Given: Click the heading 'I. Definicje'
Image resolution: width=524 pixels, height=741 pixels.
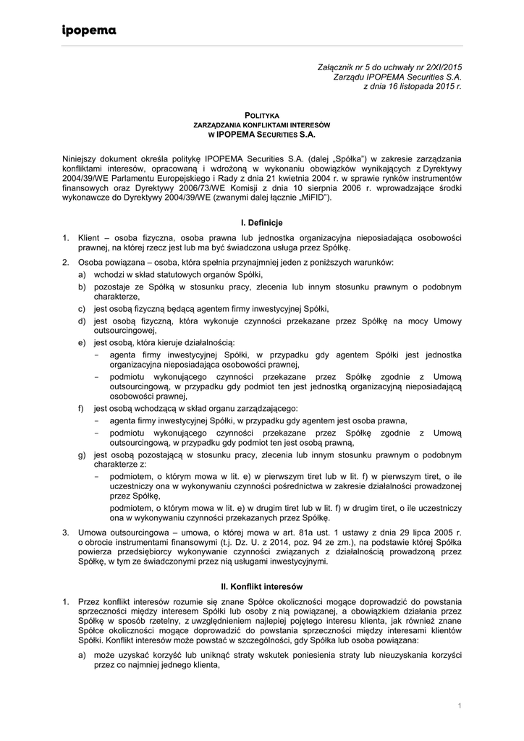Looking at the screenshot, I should point(262,223).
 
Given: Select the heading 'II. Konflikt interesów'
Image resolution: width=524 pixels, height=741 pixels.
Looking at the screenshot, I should point(261,585).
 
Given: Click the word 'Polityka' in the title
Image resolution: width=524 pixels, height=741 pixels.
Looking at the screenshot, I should point(262,115).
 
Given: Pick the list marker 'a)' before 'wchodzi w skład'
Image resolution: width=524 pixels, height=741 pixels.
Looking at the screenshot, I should point(83,275).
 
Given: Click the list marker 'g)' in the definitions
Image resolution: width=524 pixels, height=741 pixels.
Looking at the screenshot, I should point(83,455).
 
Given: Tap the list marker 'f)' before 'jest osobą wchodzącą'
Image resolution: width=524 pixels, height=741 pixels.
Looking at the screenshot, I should point(83,409).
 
